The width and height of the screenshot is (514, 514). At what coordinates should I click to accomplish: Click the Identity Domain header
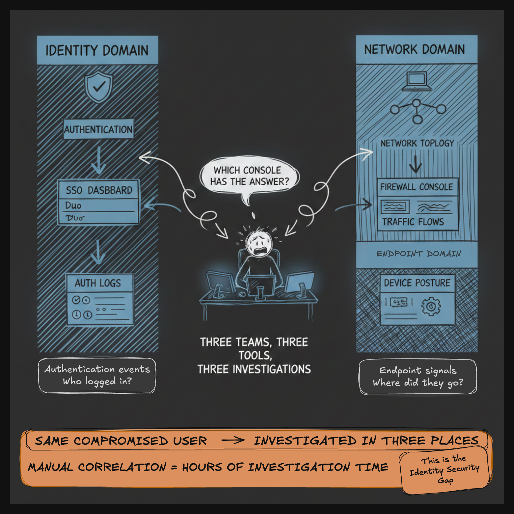pyautogui.click(x=97, y=50)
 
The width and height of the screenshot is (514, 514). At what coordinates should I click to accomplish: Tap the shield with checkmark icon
pyautogui.click(x=99, y=87)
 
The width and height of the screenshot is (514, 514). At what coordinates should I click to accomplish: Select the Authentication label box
pyautogui.click(x=99, y=129)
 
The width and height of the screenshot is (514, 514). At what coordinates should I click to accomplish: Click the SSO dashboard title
pyautogui.click(x=99, y=190)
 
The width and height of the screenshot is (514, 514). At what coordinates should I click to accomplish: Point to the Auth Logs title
pyautogui.click(x=98, y=283)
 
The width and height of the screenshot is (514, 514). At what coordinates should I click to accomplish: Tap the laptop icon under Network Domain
pyautogui.click(x=416, y=82)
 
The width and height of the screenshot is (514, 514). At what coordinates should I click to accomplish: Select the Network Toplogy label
pyautogui.click(x=417, y=143)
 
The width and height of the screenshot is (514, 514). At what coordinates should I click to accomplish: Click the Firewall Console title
pyautogui.click(x=416, y=187)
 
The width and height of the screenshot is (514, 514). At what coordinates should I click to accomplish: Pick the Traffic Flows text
pyautogui.click(x=413, y=221)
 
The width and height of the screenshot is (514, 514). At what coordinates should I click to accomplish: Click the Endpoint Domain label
pyautogui.click(x=418, y=254)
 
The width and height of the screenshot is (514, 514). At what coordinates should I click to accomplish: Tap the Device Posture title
pyautogui.click(x=417, y=283)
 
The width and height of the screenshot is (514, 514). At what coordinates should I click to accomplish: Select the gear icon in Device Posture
pyautogui.click(x=431, y=306)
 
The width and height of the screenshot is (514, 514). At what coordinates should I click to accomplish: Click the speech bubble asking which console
pyautogui.click(x=249, y=176)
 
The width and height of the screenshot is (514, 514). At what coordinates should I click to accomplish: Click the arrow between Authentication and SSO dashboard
pyautogui.click(x=99, y=160)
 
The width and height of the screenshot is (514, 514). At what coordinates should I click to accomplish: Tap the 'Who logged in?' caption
pyautogui.click(x=97, y=382)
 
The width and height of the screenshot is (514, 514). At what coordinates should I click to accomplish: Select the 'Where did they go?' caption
pyautogui.click(x=418, y=383)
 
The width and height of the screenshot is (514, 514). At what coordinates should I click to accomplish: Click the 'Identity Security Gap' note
pyautogui.click(x=444, y=470)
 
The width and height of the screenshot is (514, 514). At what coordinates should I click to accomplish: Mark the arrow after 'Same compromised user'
pyautogui.click(x=233, y=440)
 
